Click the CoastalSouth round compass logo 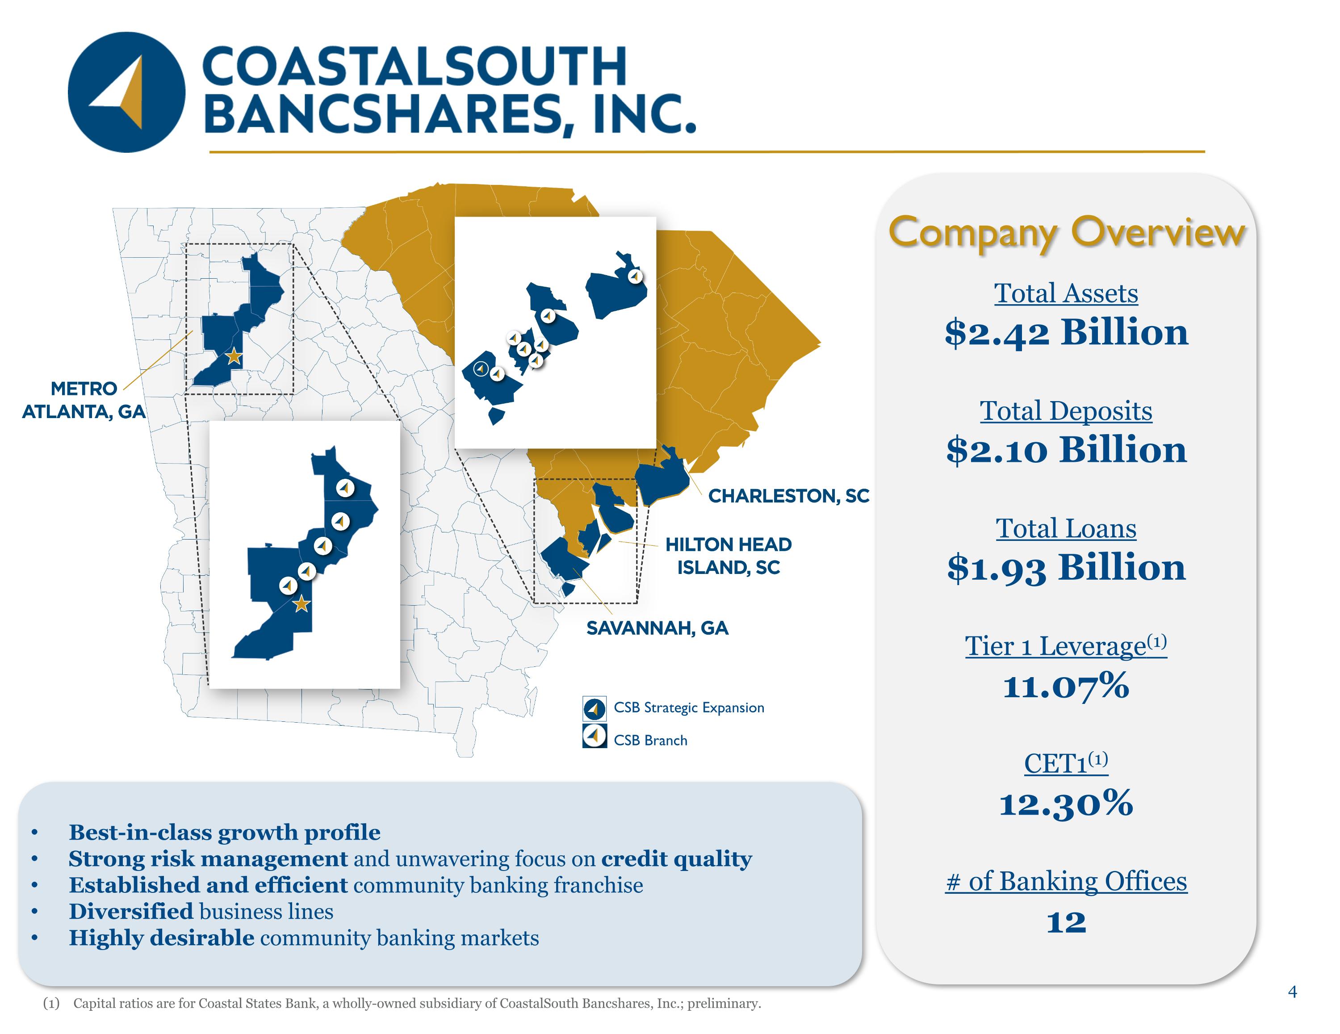pyautogui.click(x=126, y=92)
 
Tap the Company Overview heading pyautogui.click(x=1066, y=233)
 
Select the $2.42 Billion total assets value pyautogui.click(x=1066, y=332)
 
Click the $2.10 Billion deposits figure pyautogui.click(x=1066, y=450)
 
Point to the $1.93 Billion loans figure pyautogui.click(x=1066, y=568)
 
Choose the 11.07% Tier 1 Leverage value pyautogui.click(x=1066, y=686)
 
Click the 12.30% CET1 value pyautogui.click(x=1066, y=803)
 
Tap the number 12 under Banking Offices pyautogui.click(x=1066, y=922)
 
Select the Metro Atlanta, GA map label pyautogui.click(x=84, y=399)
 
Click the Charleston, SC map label pyautogui.click(x=789, y=496)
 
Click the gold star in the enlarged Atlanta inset pyautogui.click(x=301, y=604)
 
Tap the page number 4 pyautogui.click(x=1293, y=992)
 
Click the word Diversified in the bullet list pyautogui.click(x=131, y=911)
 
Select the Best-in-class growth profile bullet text pyautogui.click(x=225, y=833)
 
